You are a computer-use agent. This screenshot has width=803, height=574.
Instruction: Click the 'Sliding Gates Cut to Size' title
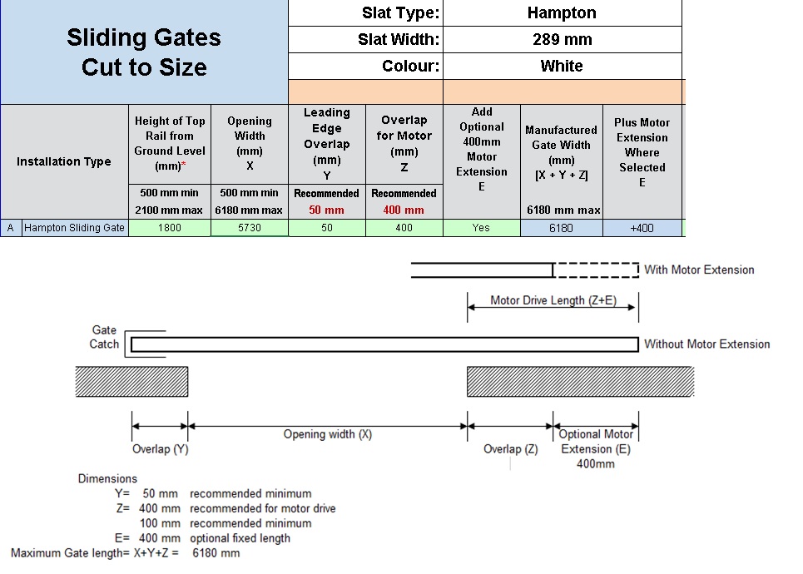[144, 52]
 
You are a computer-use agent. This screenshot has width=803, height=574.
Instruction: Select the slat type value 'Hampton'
[562, 12]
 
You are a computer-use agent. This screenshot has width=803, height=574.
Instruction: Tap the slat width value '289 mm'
[563, 39]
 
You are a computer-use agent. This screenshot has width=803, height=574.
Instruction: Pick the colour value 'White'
[562, 66]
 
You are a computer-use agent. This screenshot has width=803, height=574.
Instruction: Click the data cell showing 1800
[170, 228]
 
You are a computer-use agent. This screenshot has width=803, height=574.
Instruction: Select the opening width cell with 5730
[250, 228]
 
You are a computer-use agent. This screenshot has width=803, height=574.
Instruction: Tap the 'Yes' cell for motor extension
[482, 228]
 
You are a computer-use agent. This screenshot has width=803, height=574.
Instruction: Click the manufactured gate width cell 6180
[562, 229]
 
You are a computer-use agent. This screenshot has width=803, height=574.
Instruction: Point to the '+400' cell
[642, 229]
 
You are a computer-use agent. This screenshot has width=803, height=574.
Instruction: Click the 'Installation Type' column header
[64, 162]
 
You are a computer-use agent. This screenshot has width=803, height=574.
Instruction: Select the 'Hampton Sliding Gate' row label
[74, 228]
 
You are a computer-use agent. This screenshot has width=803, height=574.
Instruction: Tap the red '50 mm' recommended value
[326, 210]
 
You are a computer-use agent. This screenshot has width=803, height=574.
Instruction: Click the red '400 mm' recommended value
[404, 210]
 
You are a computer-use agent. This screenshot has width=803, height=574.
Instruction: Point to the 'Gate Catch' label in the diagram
[104, 337]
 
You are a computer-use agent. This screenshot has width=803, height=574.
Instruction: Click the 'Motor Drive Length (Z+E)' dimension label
[553, 300]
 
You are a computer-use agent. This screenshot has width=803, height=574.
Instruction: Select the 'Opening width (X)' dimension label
[328, 434]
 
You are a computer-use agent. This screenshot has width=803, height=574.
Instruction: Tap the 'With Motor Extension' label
[699, 270]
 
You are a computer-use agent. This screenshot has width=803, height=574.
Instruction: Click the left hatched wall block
[131, 382]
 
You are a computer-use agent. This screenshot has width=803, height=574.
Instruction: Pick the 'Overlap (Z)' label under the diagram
[511, 449]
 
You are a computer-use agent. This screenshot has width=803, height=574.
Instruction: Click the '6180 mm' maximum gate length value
[216, 553]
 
